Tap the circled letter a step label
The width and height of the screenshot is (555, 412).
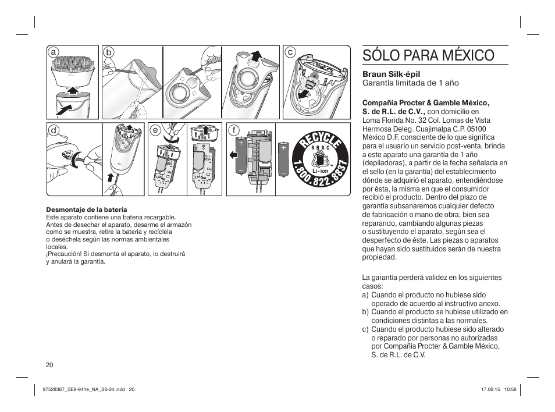coord(54,52)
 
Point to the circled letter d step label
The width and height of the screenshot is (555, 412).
coord(54,130)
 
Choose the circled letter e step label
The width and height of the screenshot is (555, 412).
coord(155,130)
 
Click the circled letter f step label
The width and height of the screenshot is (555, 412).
coord(234,130)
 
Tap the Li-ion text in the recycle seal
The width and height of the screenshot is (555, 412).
coord(321,172)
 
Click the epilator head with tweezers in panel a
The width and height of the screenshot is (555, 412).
coord(73,66)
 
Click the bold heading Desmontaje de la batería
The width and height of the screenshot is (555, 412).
coord(86,209)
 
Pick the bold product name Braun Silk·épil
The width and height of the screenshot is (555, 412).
coord(386,74)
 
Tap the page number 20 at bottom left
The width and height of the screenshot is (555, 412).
coord(49,365)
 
